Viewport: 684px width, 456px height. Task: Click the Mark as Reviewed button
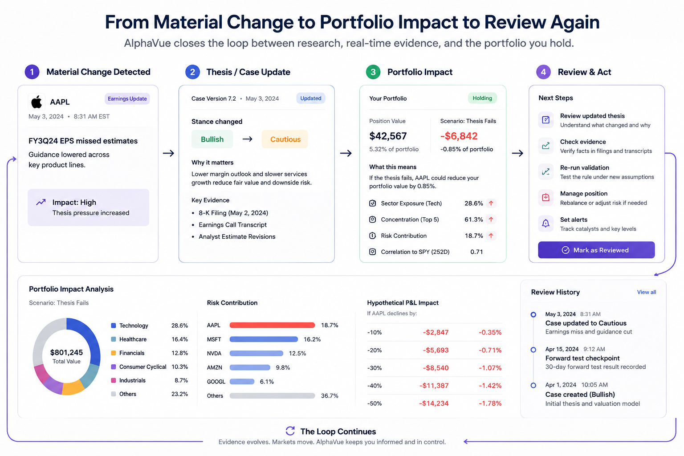pos(596,250)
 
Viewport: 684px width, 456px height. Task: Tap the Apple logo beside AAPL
pos(37,102)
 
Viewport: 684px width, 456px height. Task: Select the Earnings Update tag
pos(127,99)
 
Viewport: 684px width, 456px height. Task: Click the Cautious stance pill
pos(285,139)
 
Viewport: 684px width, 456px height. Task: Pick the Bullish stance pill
pos(212,139)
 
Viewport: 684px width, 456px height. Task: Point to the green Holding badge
pos(482,98)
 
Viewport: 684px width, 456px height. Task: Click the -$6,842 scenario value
pos(459,136)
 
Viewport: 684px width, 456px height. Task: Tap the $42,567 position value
pos(388,136)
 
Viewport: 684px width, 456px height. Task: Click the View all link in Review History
pos(647,292)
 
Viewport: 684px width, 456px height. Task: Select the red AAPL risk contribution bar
pos(272,325)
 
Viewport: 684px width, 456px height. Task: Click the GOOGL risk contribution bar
pos(242,382)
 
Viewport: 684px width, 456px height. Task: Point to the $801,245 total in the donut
pos(66,352)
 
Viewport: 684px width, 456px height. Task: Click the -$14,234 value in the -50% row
pos(434,403)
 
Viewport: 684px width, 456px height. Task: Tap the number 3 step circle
pos(373,72)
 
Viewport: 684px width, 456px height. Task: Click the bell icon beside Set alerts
pos(546,224)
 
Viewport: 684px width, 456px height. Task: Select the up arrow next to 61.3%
pos(491,219)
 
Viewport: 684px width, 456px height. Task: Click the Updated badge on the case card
pos(310,98)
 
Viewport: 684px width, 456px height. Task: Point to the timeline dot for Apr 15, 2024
pos(533,350)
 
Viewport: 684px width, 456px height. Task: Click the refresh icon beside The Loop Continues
pos(290,431)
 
